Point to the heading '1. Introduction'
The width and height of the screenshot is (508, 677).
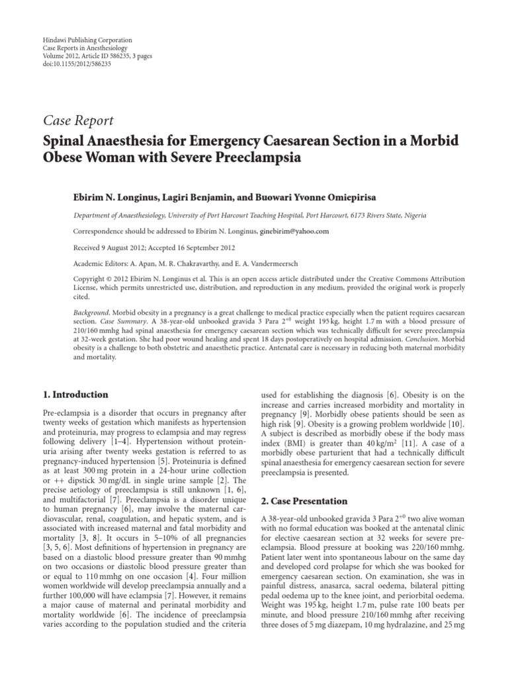(x=75, y=395)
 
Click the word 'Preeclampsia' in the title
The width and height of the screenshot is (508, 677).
(x=259, y=159)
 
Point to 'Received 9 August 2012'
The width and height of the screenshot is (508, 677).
(x=107, y=249)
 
